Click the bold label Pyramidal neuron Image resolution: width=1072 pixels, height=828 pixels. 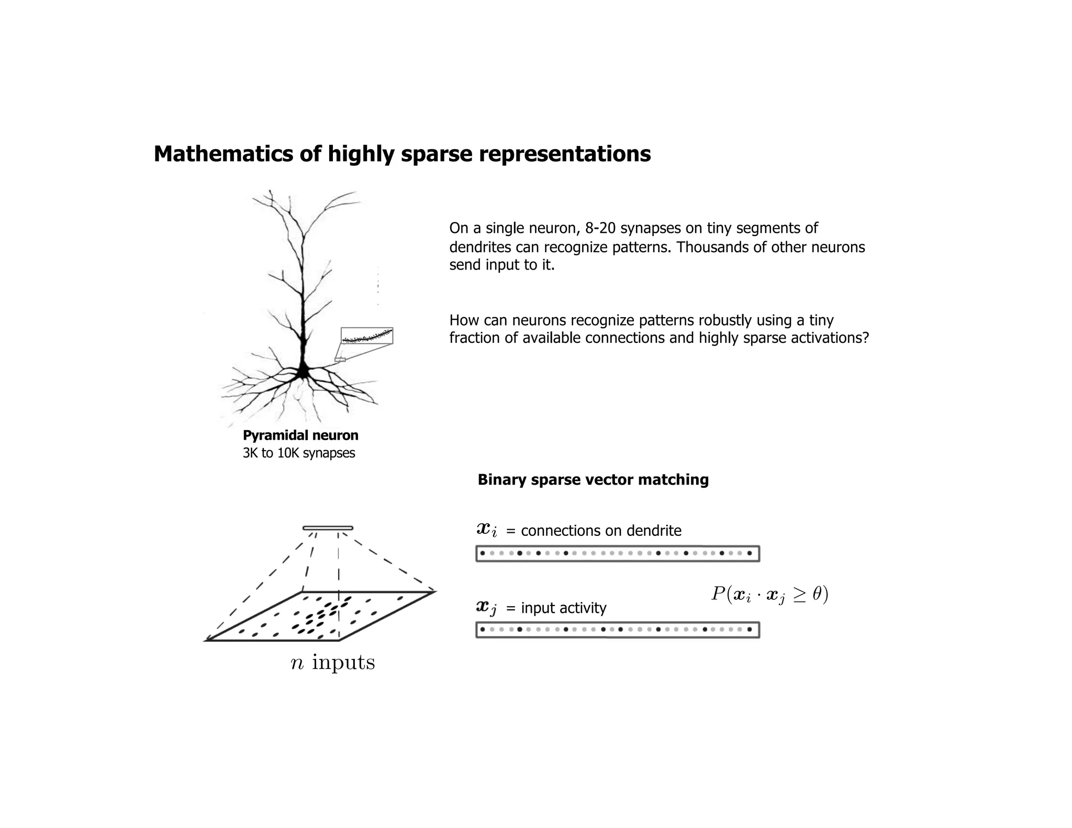[x=300, y=435]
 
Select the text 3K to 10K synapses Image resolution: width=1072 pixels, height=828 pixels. [x=299, y=453]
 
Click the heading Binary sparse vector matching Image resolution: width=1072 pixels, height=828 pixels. [x=593, y=480]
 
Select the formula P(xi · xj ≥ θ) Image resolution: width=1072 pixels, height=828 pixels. [x=769, y=595]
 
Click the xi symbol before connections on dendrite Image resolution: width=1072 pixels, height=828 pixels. [x=487, y=530]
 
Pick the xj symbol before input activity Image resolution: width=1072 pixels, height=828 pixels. [x=487, y=607]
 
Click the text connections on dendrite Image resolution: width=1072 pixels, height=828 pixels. [x=601, y=531]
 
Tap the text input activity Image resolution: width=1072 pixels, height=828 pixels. [x=563, y=608]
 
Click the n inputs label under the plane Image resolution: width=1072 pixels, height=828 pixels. [x=333, y=663]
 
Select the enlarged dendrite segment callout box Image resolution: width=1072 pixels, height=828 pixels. [x=366, y=336]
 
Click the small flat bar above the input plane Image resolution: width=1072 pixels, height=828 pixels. [x=328, y=528]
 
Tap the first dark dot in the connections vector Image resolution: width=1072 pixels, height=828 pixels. [x=482, y=553]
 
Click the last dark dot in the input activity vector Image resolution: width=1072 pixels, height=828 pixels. [x=750, y=630]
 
